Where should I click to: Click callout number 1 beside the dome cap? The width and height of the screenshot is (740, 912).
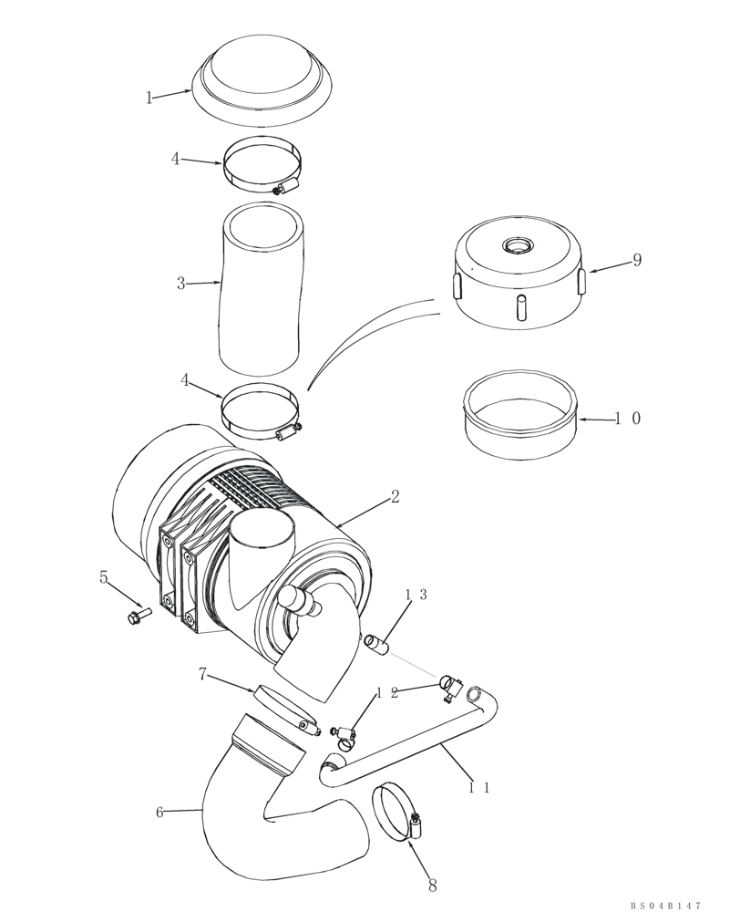click(x=149, y=98)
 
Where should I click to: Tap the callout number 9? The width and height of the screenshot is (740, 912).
click(x=637, y=260)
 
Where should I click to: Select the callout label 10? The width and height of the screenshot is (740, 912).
click(x=627, y=419)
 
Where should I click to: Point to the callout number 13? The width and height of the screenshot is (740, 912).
click(x=416, y=595)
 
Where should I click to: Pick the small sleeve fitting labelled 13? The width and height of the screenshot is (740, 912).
click(x=376, y=646)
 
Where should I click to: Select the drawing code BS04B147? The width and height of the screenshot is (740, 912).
click(x=665, y=905)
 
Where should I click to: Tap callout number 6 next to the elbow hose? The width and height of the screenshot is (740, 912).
click(x=159, y=812)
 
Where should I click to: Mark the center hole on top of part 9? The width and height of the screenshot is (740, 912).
click(x=518, y=245)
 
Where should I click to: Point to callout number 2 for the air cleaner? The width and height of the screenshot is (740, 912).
click(x=395, y=497)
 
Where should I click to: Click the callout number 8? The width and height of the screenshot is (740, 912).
click(x=432, y=885)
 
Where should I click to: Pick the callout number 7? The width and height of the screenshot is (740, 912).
click(x=203, y=674)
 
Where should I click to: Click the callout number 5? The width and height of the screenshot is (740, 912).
click(x=104, y=577)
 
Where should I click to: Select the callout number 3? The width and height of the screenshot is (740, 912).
click(x=180, y=284)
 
